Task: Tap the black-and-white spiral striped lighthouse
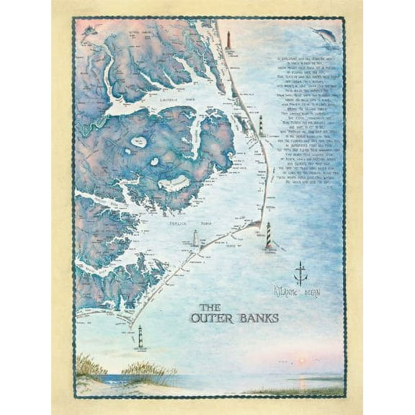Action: pos(269,235)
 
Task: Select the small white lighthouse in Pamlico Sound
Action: pos(194,238)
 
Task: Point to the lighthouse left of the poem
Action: pos(262,125)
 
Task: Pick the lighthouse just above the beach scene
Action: pos(141,338)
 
